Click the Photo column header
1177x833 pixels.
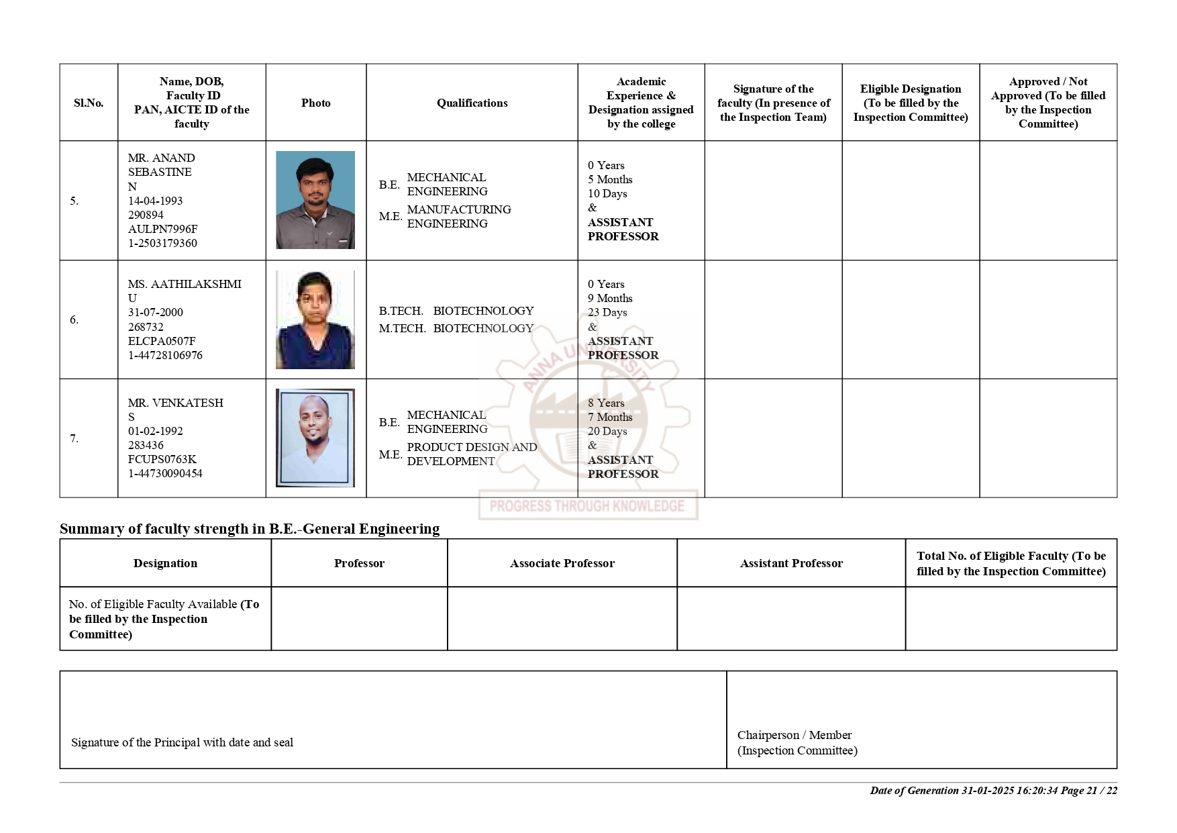pyautogui.click(x=315, y=103)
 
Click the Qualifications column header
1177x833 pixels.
pyautogui.click(x=472, y=103)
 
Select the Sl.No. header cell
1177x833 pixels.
pyautogui.click(x=89, y=103)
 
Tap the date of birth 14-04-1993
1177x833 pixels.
pyautogui.click(x=155, y=201)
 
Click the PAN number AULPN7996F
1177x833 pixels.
pyautogui.click(x=162, y=229)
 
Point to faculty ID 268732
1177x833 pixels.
pyautogui.click(x=146, y=327)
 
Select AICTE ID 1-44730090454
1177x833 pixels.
pyautogui.click(x=165, y=473)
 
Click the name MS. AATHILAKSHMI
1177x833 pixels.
pyautogui.click(x=185, y=284)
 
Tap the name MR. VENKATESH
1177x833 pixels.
pyautogui.click(x=176, y=403)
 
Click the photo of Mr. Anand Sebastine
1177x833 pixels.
pyautogui.click(x=315, y=200)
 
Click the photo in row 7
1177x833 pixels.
pyautogui.click(x=315, y=438)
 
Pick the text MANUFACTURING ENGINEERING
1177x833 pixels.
pyautogui.click(x=459, y=216)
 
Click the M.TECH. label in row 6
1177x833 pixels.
pyautogui.click(x=402, y=328)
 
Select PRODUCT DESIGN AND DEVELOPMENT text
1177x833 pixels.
pyautogui.click(x=472, y=454)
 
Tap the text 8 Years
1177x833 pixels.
pyautogui.click(x=606, y=403)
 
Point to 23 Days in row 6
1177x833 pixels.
pyautogui.click(x=607, y=312)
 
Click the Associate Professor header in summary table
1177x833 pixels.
pyautogui.click(x=562, y=563)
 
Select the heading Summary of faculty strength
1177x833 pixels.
pyautogui.click(x=250, y=529)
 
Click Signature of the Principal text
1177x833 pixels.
pyautogui.click(x=182, y=742)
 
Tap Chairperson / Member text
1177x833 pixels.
pyautogui.click(x=794, y=735)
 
